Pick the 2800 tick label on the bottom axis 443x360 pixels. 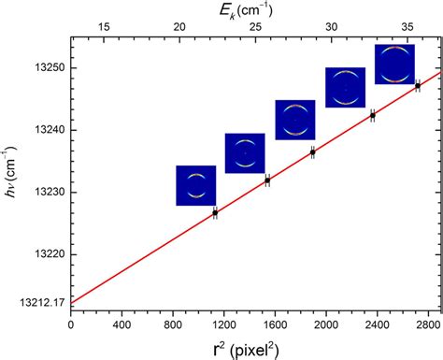(x=426, y=326)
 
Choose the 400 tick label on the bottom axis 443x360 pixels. (x=121, y=326)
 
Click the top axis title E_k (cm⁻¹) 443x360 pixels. (x=252, y=9)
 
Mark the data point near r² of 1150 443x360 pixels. (x=215, y=213)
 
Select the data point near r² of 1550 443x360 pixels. (x=267, y=180)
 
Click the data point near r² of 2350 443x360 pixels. (x=372, y=115)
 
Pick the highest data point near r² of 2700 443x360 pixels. (x=418, y=86)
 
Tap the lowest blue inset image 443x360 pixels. (x=195, y=185)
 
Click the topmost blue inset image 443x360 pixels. (x=394, y=64)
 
